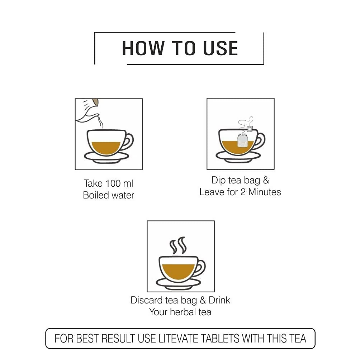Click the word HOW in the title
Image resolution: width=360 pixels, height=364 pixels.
click(143, 48)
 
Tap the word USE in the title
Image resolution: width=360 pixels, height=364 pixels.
click(220, 48)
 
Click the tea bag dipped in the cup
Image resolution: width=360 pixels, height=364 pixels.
click(242, 141)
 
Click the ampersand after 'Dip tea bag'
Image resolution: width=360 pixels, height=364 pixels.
click(266, 180)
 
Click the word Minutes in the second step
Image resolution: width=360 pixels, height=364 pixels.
click(265, 192)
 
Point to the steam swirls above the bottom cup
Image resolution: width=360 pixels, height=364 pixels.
click(178, 245)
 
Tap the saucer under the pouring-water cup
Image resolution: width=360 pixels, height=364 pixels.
click(106, 158)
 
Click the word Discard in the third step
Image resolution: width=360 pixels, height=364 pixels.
click(147, 300)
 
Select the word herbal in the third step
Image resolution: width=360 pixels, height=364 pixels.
click(183, 312)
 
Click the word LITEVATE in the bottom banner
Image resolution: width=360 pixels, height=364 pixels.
click(179, 339)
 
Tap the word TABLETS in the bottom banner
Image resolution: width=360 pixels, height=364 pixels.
click(220, 339)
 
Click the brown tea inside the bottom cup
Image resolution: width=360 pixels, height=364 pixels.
click(178, 271)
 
